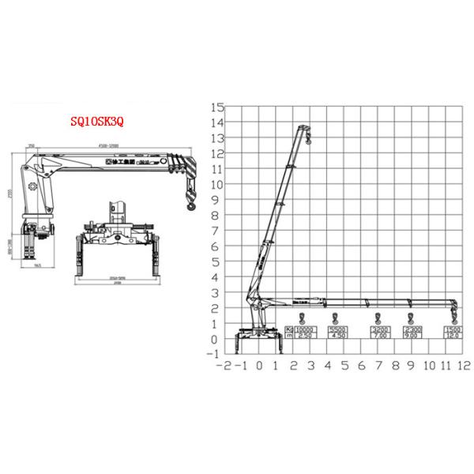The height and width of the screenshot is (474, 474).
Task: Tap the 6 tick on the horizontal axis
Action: pyautogui.click(x=362, y=366)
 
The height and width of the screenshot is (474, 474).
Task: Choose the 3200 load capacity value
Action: pyautogui.click(x=379, y=329)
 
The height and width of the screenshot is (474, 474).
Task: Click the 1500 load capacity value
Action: pyautogui.click(x=453, y=329)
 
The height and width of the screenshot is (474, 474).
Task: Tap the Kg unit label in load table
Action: pyautogui.click(x=289, y=329)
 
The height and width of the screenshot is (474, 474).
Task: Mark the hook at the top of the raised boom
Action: pyautogui.click(x=308, y=140)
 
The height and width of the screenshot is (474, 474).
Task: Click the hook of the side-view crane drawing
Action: pyautogui.click(x=190, y=204)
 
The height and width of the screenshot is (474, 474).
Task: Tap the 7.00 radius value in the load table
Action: pyautogui.click(x=379, y=337)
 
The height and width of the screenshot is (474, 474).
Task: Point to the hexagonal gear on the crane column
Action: pyautogui.click(x=33, y=186)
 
